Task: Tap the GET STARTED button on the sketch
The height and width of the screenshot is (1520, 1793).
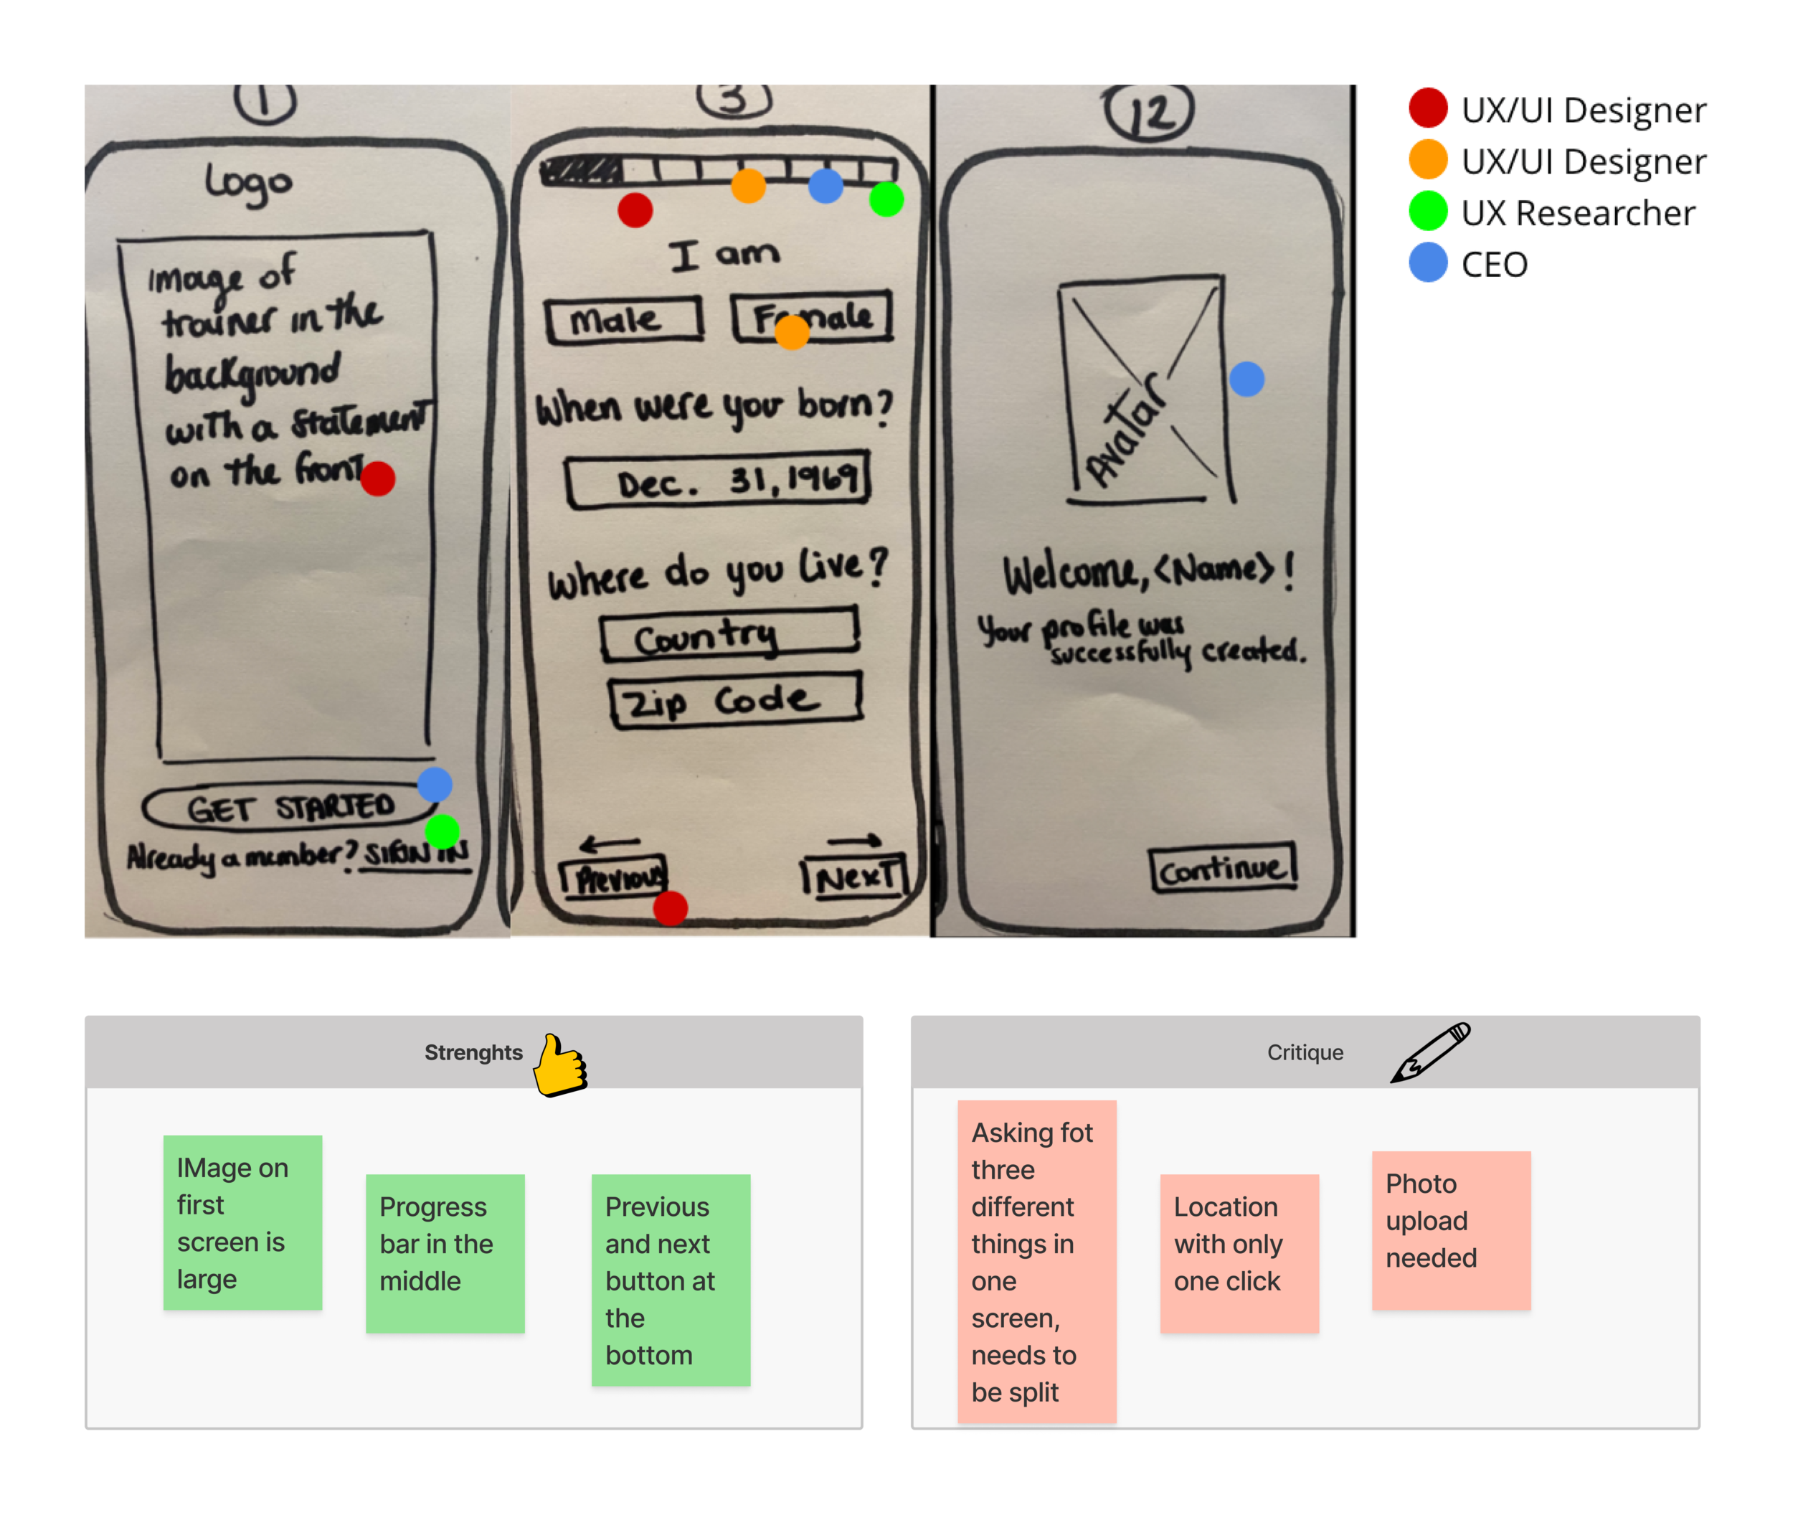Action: pyautogui.click(x=288, y=808)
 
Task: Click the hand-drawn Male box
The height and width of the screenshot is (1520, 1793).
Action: pyautogui.click(x=624, y=320)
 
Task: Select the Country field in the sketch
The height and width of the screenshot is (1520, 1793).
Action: pyautogui.click(x=729, y=635)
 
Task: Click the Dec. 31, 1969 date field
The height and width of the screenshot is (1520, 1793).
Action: pyautogui.click(x=718, y=481)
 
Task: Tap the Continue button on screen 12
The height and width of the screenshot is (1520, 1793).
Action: pyautogui.click(x=1223, y=868)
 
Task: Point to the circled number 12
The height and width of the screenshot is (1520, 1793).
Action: pyautogui.click(x=1148, y=112)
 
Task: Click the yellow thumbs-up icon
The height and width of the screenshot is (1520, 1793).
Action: pyautogui.click(x=560, y=1065)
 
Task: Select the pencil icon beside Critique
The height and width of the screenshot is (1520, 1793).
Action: pyautogui.click(x=1430, y=1052)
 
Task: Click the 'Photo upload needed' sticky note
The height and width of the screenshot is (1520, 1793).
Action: pyautogui.click(x=1451, y=1229)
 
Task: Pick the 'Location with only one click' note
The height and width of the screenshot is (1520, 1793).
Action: pyautogui.click(x=1239, y=1253)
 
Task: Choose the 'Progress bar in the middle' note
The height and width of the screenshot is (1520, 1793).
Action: pyautogui.click(x=445, y=1253)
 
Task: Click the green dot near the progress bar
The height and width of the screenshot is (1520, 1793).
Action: pyautogui.click(x=886, y=200)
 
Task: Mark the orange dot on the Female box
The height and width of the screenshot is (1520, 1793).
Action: pyautogui.click(x=792, y=331)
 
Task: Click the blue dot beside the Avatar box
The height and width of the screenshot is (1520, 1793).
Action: pyautogui.click(x=1246, y=379)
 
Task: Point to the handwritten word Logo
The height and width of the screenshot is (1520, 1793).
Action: pyautogui.click(x=248, y=183)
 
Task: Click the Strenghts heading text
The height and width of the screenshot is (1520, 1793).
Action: pyautogui.click(x=473, y=1052)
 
